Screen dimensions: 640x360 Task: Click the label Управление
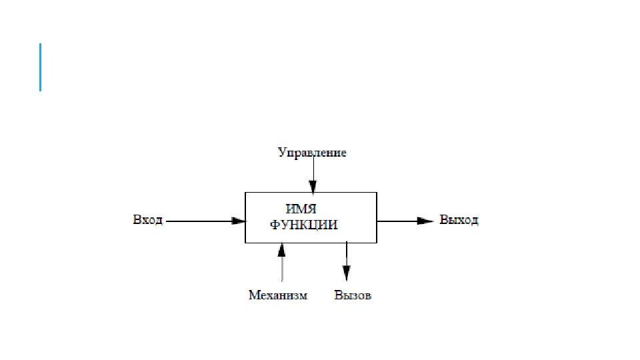[x=312, y=153]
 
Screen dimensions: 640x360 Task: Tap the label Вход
[x=147, y=220]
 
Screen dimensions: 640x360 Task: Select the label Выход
[x=459, y=220]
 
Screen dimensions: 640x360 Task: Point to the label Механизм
[x=278, y=295]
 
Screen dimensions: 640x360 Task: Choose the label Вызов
[x=353, y=295]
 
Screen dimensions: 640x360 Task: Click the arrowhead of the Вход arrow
[x=239, y=221]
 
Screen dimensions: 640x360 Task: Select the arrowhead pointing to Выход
[x=425, y=221]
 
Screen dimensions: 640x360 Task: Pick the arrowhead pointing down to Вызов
[x=346, y=273]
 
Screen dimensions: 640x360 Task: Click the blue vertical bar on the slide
[x=41, y=67]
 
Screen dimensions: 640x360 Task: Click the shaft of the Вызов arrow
[x=346, y=255]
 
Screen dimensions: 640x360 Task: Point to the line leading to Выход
[x=397, y=221]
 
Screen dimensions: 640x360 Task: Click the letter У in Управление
[x=281, y=153]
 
